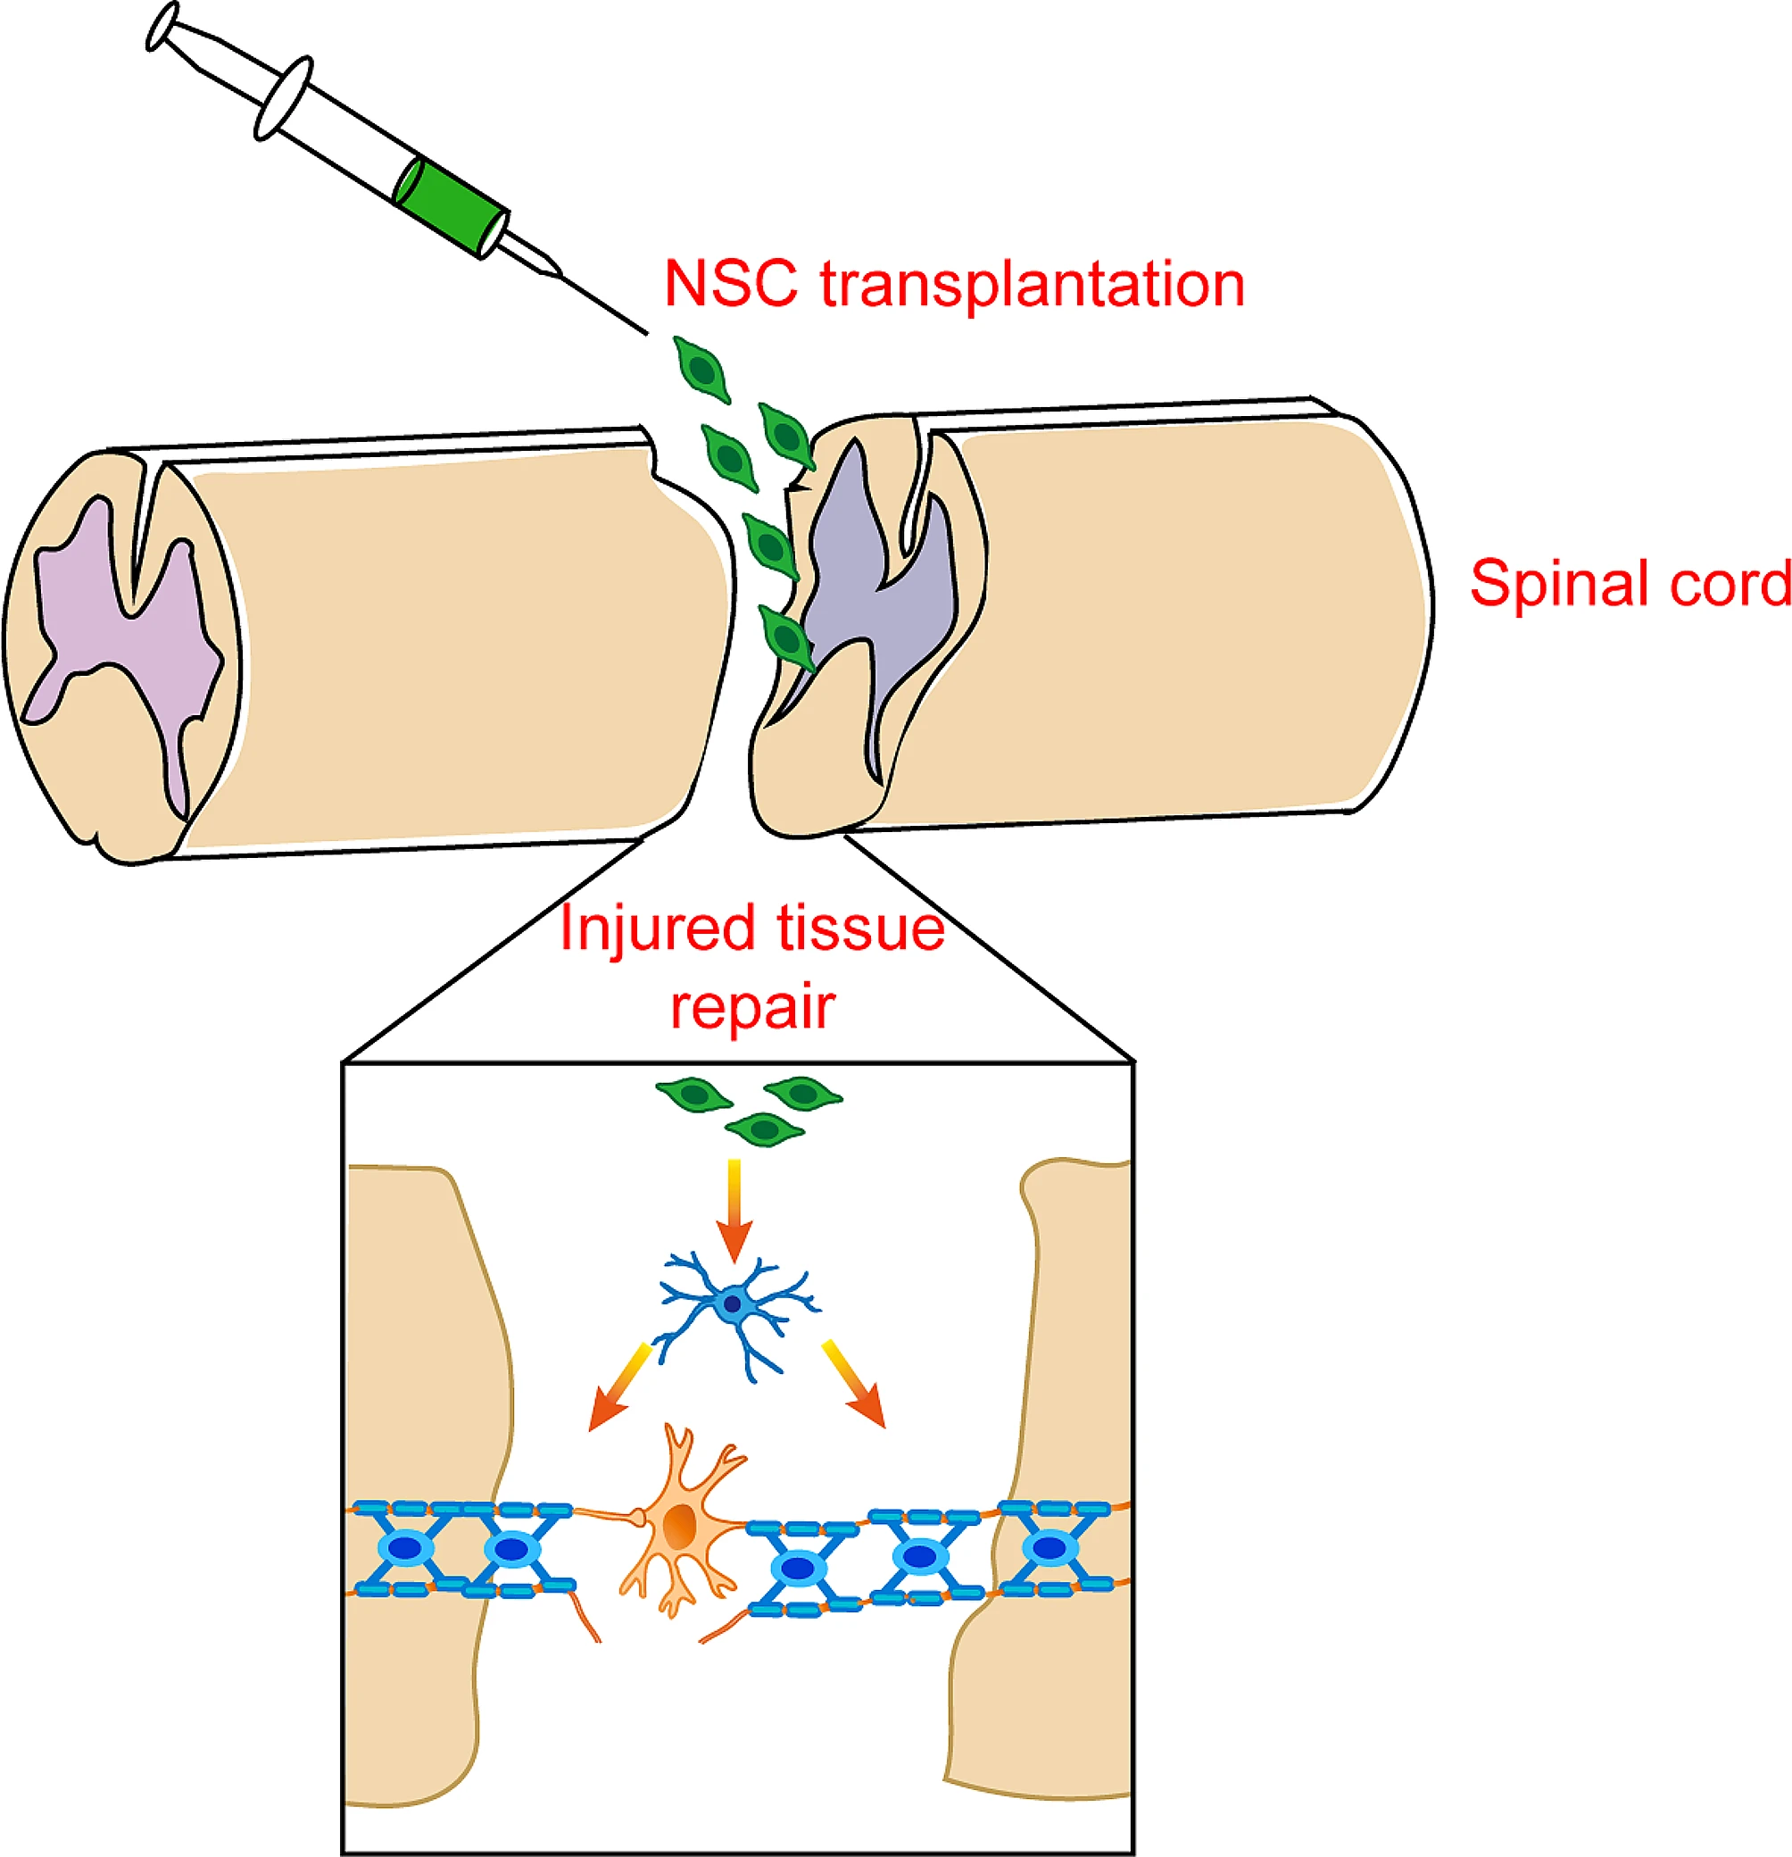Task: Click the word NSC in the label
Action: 729,283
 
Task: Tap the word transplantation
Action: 1032,283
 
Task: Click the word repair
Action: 752,1006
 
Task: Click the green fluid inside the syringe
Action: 450,205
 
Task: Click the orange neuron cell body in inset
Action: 679,1527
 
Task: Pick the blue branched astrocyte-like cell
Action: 732,1304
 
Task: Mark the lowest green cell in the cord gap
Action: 787,638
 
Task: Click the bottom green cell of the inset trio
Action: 764,1129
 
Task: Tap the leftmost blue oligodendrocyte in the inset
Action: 405,1547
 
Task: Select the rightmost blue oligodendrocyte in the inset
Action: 1049,1547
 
